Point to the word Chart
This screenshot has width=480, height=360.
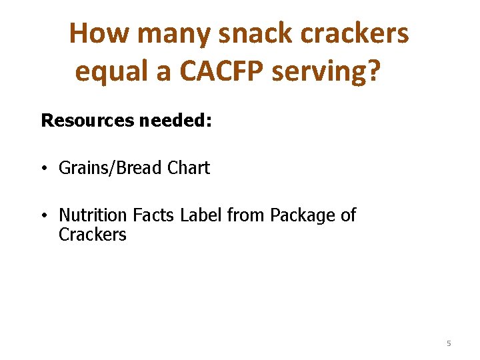point(189,168)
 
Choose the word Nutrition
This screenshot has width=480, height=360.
point(93,215)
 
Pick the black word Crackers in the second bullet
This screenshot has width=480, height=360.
point(93,235)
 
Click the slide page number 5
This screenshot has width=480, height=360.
point(449,343)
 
